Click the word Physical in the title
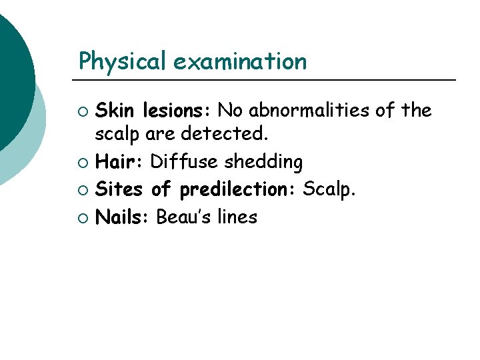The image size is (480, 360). [x=123, y=62]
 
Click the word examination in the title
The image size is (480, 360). [x=240, y=62]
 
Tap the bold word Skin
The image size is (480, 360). [x=117, y=110]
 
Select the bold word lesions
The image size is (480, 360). [x=177, y=110]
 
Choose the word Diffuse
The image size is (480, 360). [x=184, y=162]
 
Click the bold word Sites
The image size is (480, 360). [x=120, y=189]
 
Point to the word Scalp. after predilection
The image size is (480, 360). [x=329, y=190]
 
